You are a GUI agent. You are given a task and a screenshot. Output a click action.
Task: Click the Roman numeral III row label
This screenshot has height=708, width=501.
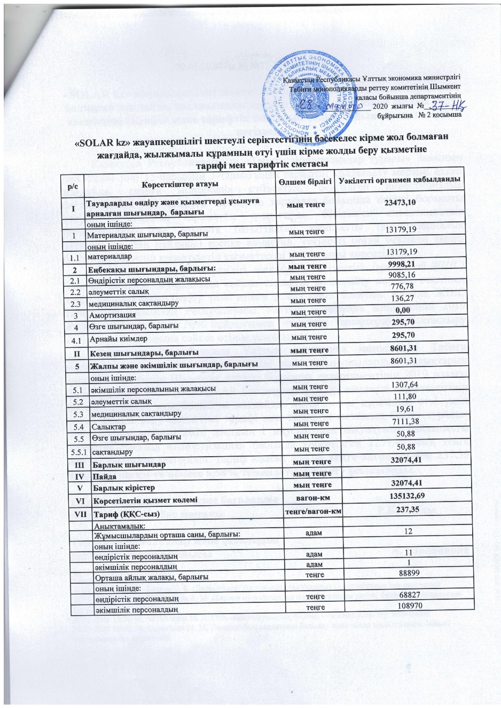[77, 463]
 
